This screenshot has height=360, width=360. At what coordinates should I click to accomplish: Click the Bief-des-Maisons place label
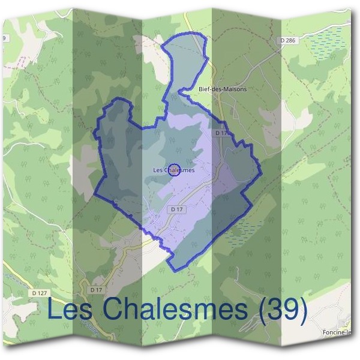(222, 89)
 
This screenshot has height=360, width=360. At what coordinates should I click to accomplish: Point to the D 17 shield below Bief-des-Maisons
(220, 133)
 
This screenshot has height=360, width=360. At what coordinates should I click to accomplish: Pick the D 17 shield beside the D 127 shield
(95, 290)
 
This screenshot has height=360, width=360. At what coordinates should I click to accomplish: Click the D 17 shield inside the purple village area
(175, 209)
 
